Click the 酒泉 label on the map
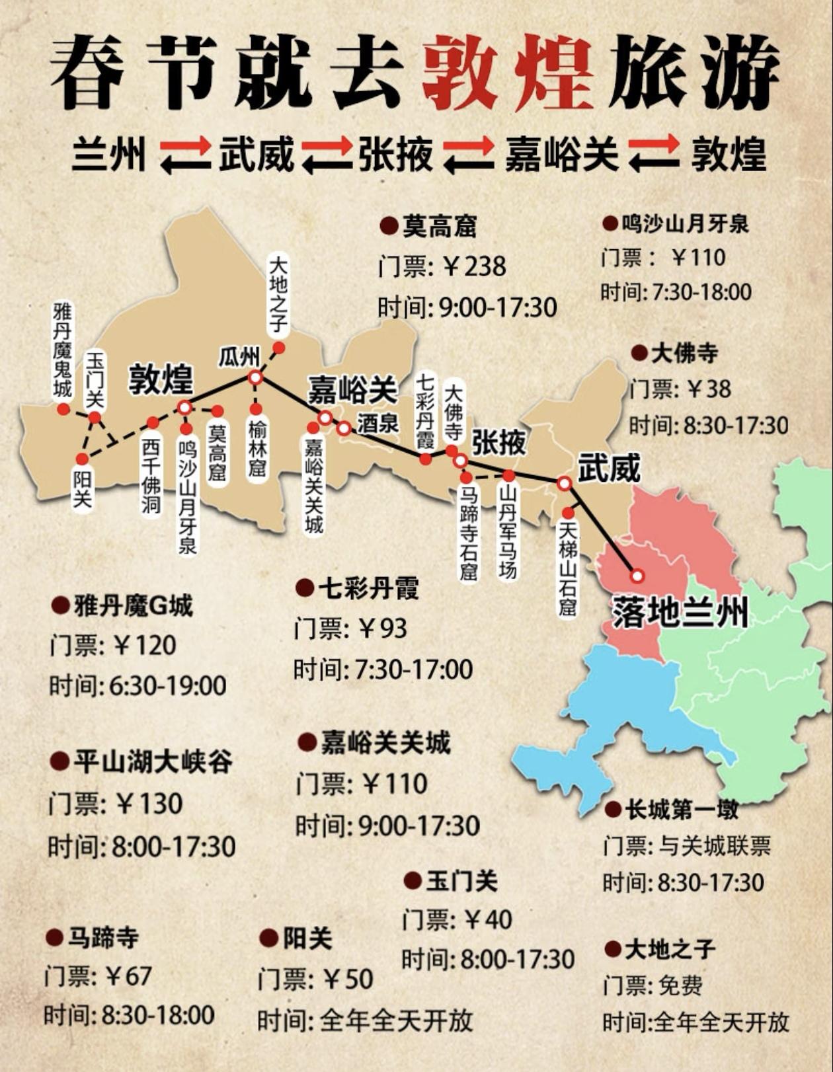[378, 423]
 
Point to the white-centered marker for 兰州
[637, 576]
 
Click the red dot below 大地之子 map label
[279, 348]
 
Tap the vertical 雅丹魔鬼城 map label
[63, 350]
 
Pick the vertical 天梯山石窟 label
[568, 568]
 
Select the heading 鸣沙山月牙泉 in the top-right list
[685, 224]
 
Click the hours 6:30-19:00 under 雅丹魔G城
[168, 686]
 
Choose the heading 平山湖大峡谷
[153, 762]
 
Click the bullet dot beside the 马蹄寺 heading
[54, 937]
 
